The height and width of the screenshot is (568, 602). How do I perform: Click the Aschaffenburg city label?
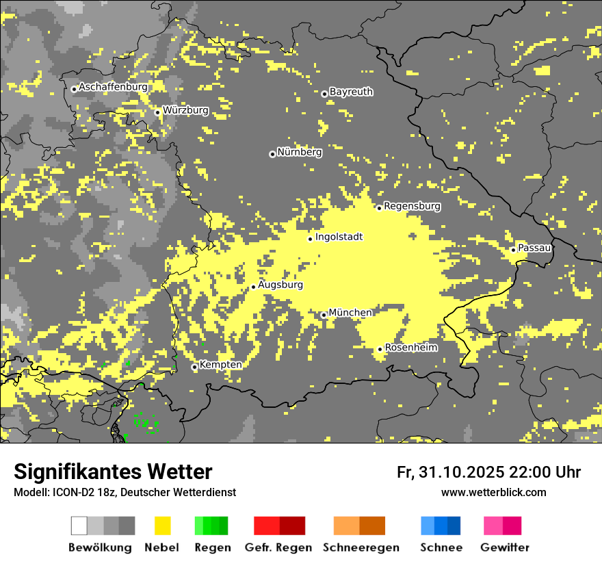click(113, 87)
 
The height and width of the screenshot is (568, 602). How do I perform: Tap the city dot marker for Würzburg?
click(157, 112)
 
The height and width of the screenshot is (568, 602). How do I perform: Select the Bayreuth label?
click(351, 92)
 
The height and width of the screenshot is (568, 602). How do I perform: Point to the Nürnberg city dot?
click(272, 154)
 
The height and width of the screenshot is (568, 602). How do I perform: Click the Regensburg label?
click(412, 206)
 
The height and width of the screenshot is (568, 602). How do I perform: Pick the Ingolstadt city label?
click(339, 237)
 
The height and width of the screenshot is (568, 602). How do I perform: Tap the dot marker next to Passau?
click(513, 250)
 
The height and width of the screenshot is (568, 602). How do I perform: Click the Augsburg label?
click(280, 285)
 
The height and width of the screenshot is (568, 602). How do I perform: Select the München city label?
click(350, 313)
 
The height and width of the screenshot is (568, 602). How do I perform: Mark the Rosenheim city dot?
click(380, 349)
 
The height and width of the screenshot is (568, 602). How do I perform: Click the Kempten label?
click(220, 365)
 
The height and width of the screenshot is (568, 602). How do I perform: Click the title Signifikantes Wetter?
click(113, 472)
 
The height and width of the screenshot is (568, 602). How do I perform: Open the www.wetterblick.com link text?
click(493, 492)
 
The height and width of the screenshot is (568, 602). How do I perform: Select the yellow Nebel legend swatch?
click(162, 526)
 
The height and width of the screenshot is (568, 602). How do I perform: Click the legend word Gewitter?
click(504, 547)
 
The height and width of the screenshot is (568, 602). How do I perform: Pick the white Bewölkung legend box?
click(79, 526)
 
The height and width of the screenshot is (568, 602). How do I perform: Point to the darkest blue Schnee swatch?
click(454, 526)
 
